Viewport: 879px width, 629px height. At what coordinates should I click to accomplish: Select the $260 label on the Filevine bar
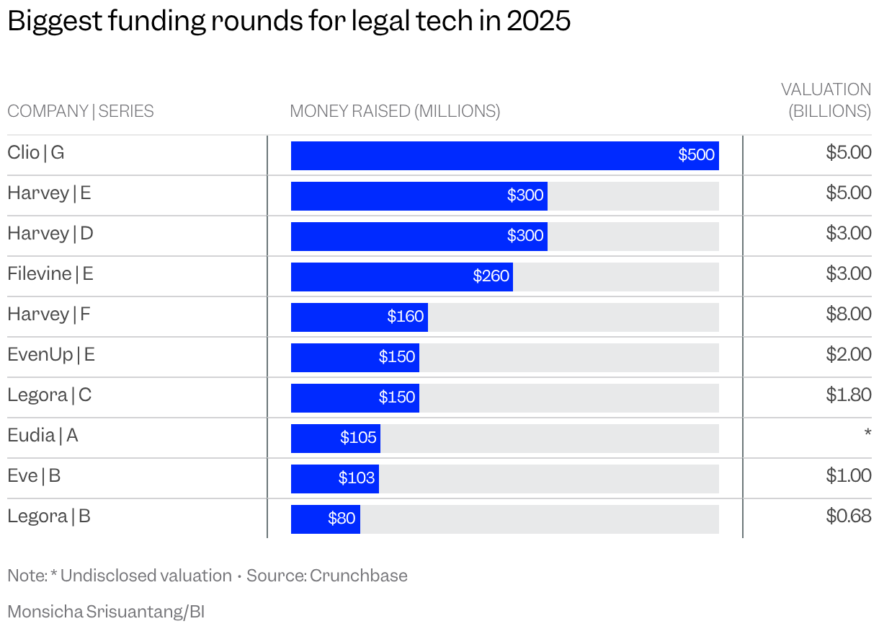click(491, 276)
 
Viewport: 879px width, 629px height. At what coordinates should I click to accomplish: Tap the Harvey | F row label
click(49, 314)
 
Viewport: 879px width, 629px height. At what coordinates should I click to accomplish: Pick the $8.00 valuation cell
click(848, 314)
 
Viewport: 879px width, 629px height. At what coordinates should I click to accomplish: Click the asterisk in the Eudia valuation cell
click(867, 433)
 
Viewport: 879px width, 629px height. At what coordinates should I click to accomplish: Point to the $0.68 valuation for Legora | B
click(848, 516)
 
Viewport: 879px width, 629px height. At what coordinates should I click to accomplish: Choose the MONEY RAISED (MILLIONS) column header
click(394, 112)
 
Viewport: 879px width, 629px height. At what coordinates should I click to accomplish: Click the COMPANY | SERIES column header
click(80, 112)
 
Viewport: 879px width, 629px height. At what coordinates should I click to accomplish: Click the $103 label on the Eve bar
click(357, 478)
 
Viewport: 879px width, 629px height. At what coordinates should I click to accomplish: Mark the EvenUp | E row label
click(51, 355)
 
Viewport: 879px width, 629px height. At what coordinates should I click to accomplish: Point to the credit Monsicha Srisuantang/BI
click(106, 612)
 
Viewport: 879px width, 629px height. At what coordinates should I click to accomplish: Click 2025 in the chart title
click(538, 22)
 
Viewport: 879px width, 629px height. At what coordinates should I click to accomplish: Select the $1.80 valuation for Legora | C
click(848, 395)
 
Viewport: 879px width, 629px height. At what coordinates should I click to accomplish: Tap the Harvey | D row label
click(50, 234)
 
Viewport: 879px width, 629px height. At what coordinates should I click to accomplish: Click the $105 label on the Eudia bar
click(358, 438)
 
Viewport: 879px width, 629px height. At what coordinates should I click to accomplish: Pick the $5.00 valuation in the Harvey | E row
click(848, 193)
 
